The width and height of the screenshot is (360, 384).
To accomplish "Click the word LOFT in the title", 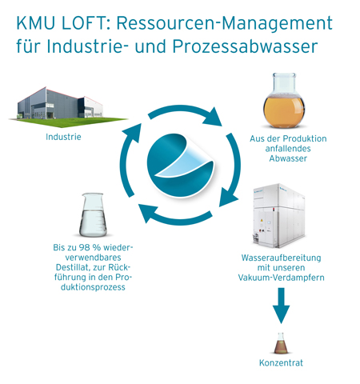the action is coord(84,23).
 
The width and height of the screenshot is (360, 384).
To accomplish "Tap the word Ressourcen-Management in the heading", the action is coord(225,23).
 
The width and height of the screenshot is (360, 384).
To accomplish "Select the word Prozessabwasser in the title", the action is coord(245,46).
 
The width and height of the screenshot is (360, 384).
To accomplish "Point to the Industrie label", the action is coord(63,137).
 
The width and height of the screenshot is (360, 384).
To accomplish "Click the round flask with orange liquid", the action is coord(284,101).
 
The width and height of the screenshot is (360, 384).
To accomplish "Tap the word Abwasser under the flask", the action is coord(288,158).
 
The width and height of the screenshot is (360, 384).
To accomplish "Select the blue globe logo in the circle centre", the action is coord(180,166).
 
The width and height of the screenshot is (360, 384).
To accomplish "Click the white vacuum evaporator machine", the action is coord(278,215).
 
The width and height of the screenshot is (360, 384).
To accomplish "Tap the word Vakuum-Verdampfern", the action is coord(282,278).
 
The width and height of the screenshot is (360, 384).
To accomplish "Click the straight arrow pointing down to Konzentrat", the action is coord(281,306).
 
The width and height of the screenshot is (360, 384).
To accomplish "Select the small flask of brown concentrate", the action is coord(281,343).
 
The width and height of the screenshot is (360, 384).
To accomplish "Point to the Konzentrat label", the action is coord(281,363).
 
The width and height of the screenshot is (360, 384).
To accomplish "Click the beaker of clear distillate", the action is coord(93,215).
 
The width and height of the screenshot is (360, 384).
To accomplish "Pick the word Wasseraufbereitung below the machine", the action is coord(282,258).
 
